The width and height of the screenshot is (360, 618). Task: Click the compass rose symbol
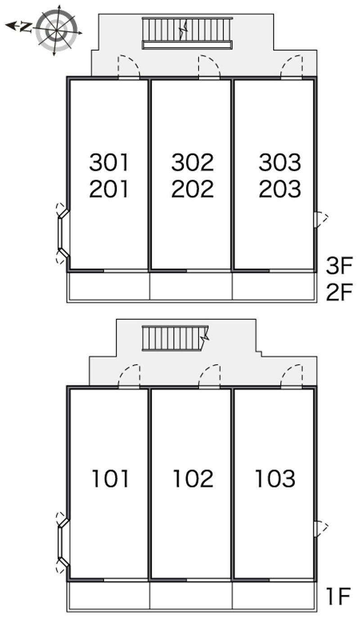(57, 30)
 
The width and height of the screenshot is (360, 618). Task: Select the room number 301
(109, 162)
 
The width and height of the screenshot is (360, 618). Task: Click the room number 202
(192, 189)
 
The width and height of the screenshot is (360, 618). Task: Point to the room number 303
(279, 162)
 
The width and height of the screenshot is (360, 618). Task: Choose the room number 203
(279, 189)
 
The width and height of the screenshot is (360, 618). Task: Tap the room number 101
(110, 478)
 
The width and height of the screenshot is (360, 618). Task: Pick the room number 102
(193, 478)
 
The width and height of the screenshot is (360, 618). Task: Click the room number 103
(275, 478)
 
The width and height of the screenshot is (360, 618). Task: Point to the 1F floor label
(338, 597)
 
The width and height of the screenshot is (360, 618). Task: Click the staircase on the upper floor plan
(187, 32)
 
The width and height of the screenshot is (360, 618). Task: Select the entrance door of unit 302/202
(209, 68)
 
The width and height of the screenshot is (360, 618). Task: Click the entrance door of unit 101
(129, 377)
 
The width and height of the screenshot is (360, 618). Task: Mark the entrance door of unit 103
(291, 377)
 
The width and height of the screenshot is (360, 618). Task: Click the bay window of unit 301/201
(62, 232)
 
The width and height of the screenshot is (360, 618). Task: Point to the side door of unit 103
(320, 528)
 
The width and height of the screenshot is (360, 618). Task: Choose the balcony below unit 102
(191, 596)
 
